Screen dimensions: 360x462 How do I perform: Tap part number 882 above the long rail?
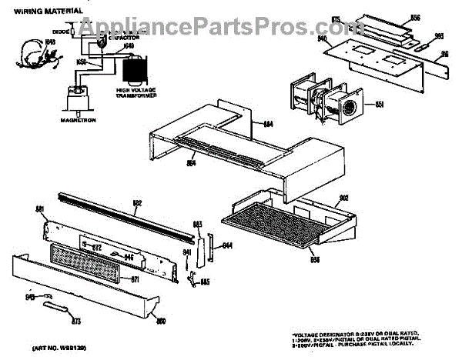click(137, 204)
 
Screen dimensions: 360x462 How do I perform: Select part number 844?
click(227, 246)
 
